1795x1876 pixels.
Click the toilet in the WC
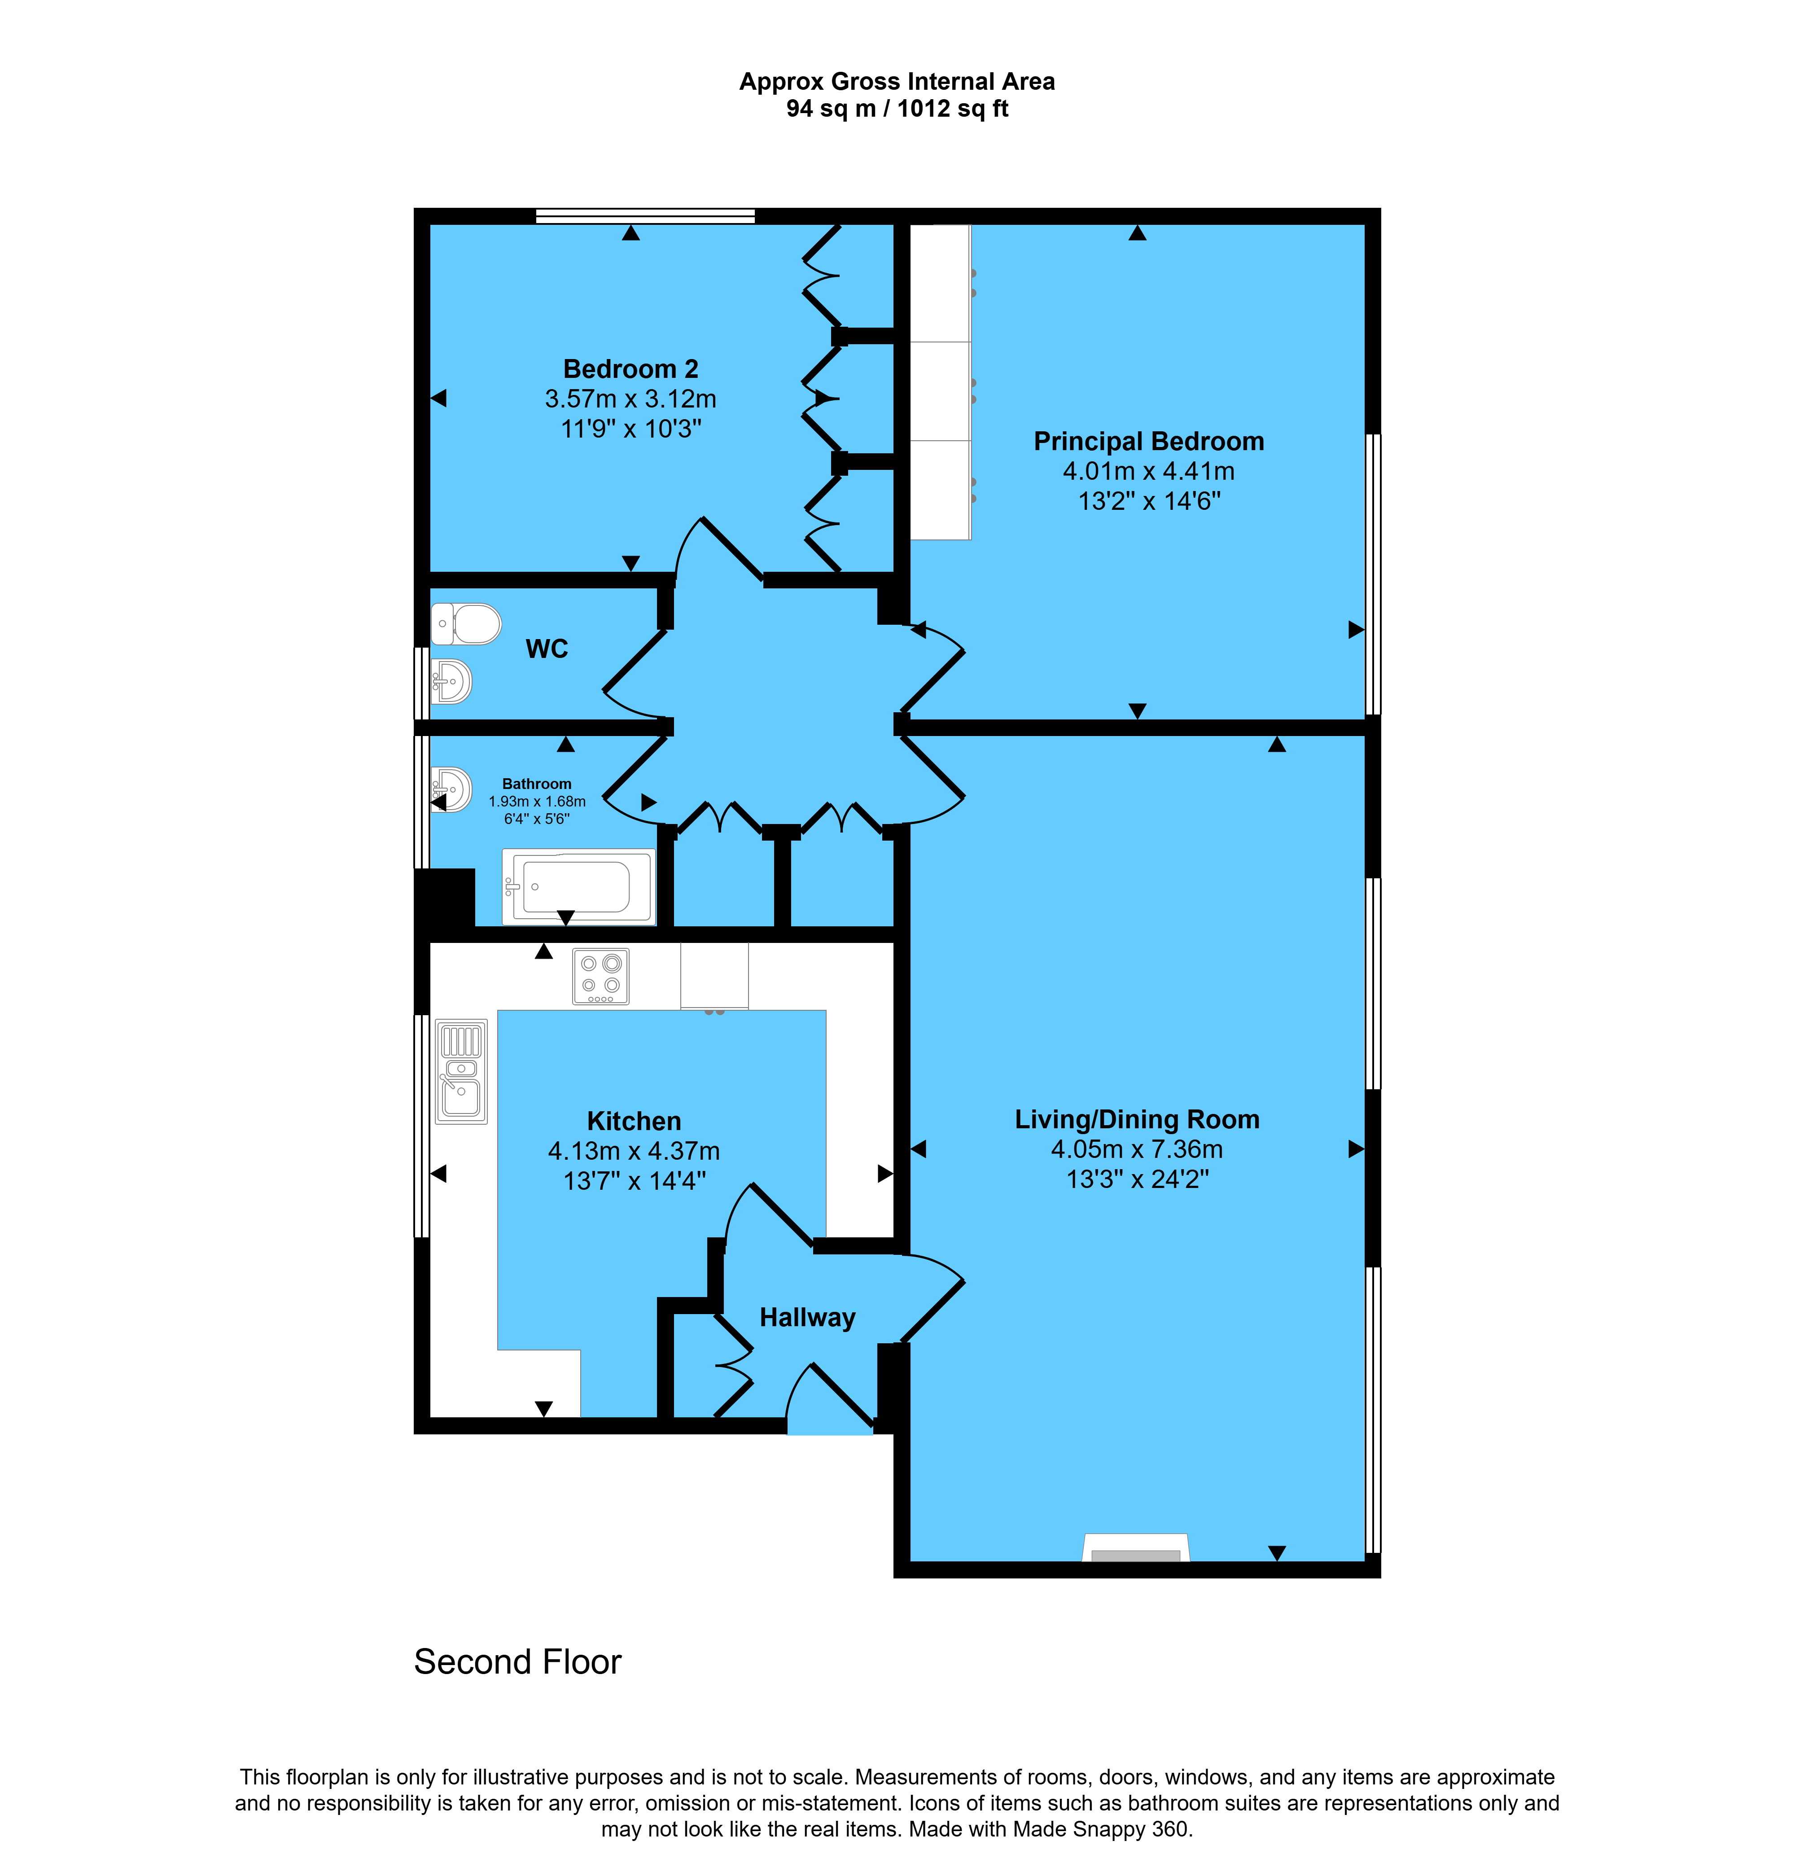(x=466, y=624)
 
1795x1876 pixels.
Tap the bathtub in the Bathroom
(x=579, y=886)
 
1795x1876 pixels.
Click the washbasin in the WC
(x=451, y=681)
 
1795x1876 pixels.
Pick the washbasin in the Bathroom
(x=451, y=789)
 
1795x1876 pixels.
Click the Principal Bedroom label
(x=1148, y=441)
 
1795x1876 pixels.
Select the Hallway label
(x=808, y=1318)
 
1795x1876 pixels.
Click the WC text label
(x=547, y=649)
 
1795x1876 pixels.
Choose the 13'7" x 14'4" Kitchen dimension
(x=635, y=1181)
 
